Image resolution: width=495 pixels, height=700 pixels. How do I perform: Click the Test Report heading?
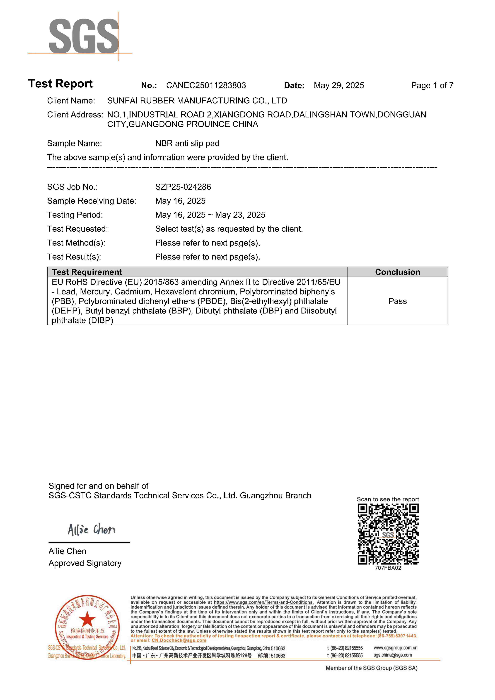(x=60, y=84)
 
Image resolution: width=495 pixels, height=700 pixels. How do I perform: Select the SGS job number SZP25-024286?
(x=183, y=187)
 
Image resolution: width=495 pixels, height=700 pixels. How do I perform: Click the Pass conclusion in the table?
(x=397, y=301)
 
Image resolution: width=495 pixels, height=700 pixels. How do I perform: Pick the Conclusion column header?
(x=397, y=272)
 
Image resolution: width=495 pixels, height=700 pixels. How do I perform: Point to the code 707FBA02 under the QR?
(x=388, y=568)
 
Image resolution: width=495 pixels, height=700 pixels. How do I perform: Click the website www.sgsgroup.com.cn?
(x=395, y=648)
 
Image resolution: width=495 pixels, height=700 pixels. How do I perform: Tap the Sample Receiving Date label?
(x=92, y=201)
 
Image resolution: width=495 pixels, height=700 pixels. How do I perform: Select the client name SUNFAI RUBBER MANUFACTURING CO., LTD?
(x=197, y=101)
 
